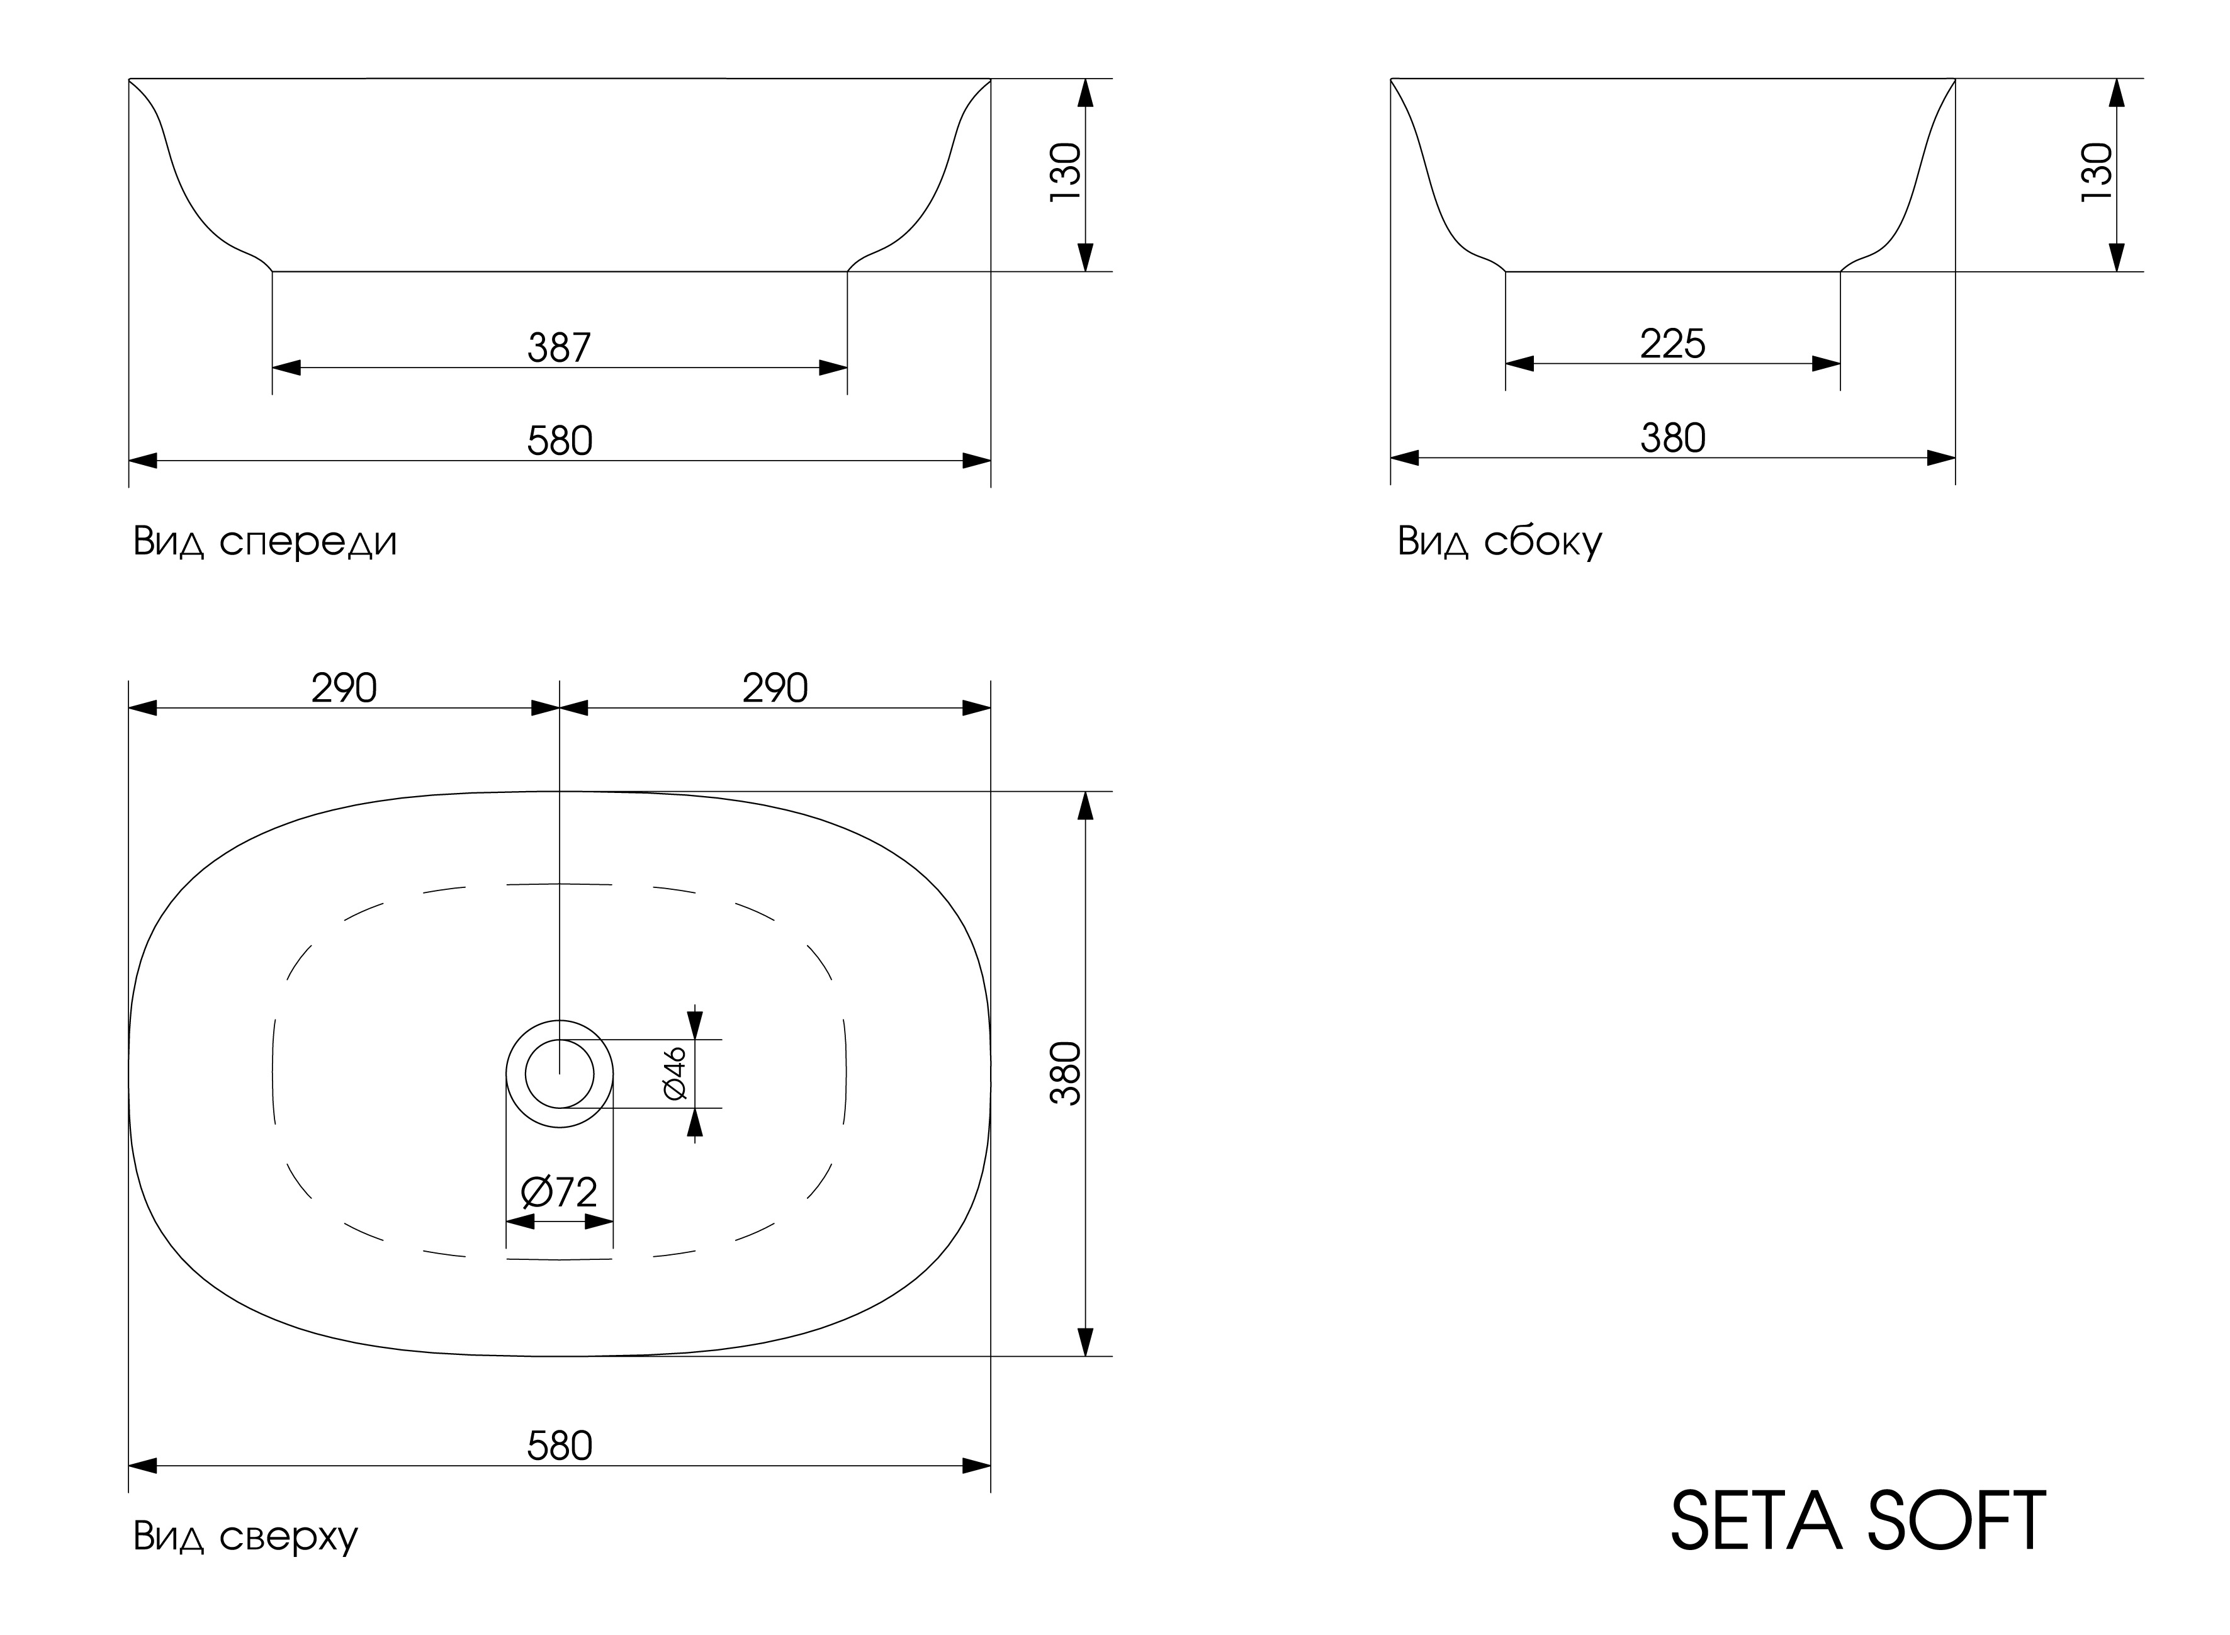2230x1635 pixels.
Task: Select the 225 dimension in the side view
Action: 1673,344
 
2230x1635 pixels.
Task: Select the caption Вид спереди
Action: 265,541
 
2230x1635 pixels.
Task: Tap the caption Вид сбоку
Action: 1499,541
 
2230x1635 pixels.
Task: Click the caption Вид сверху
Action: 245,1536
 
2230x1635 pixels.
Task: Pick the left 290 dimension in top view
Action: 344,688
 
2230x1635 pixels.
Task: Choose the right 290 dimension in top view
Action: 775,688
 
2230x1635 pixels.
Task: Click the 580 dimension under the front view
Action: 560,441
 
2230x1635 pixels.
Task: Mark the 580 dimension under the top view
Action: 560,1446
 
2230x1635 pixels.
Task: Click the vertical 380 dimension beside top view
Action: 1066,1074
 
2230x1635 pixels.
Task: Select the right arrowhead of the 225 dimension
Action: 1826,363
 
